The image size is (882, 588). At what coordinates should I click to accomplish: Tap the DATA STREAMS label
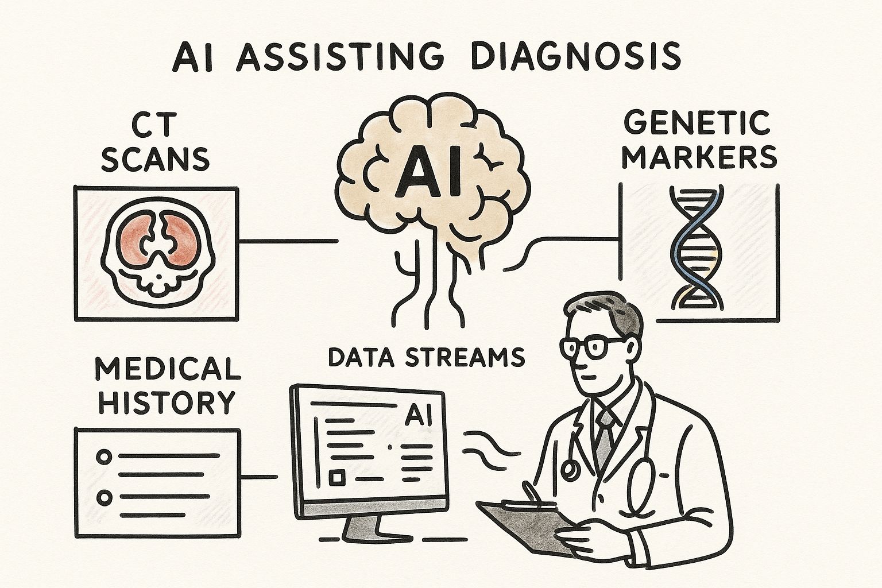pos(426,357)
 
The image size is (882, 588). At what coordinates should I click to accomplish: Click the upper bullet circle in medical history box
pos(105,457)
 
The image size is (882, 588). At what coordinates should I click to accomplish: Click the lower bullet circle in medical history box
pos(105,497)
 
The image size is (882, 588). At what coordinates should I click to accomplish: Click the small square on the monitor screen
pos(335,477)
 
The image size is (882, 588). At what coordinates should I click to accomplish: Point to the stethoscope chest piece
pos(570,470)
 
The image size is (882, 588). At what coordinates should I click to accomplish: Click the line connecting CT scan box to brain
pos(287,241)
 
